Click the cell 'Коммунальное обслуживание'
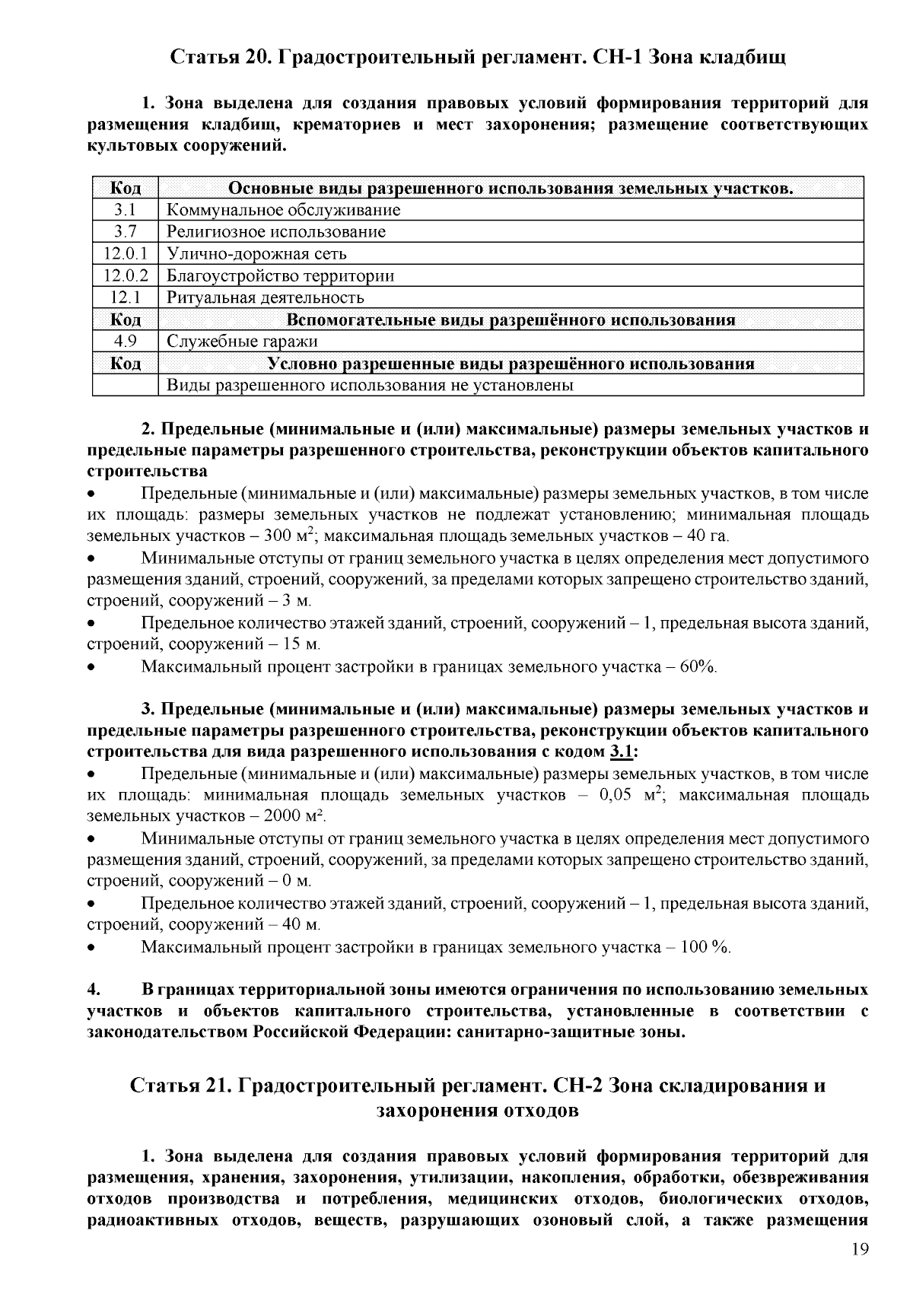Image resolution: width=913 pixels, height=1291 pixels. point(283,210)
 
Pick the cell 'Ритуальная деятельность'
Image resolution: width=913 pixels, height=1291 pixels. point(265,297)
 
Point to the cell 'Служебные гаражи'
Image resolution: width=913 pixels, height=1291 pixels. point(242,342)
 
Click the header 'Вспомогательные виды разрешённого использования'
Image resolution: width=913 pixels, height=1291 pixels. point(511,320)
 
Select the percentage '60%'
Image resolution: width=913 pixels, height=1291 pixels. point(698,667)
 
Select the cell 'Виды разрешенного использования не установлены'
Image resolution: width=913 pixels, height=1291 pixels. point(369,385)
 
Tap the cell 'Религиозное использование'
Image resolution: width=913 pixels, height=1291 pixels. point(275,231)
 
